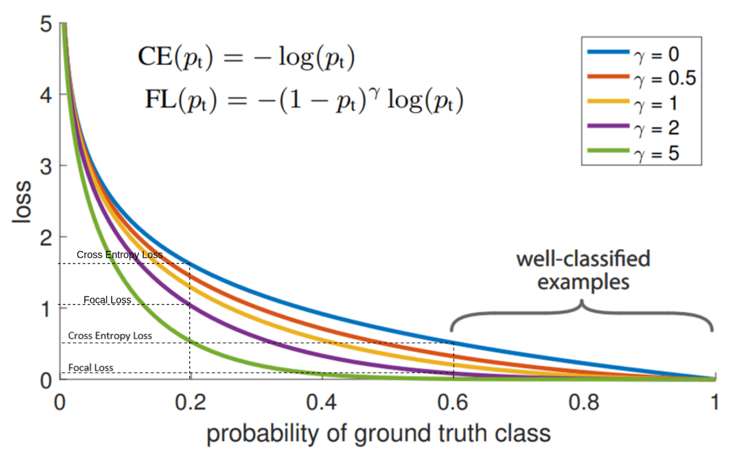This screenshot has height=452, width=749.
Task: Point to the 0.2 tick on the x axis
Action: tap(190, 402)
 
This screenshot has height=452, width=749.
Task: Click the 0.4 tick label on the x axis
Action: tap(321, 402)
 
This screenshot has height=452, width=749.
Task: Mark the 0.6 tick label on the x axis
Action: tap(453, 402)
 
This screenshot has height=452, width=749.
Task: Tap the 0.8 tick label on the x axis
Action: tap(584, 402)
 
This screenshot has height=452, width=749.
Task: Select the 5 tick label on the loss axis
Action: tap(46, 24)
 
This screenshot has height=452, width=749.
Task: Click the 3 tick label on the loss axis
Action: tap(46, 167)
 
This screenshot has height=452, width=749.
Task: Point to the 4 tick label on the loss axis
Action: tap(46, 95)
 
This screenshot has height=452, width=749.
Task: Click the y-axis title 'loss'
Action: tap(22, 202)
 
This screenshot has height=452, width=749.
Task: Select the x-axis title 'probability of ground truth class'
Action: tap(378, 433)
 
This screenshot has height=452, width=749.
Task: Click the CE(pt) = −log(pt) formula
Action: tap(246, 57)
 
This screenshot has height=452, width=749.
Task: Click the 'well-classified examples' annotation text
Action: tap(583, 270)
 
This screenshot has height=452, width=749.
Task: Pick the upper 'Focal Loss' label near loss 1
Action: tap(107, 300)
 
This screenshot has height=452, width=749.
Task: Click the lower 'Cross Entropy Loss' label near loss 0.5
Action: tap(110, 336)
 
